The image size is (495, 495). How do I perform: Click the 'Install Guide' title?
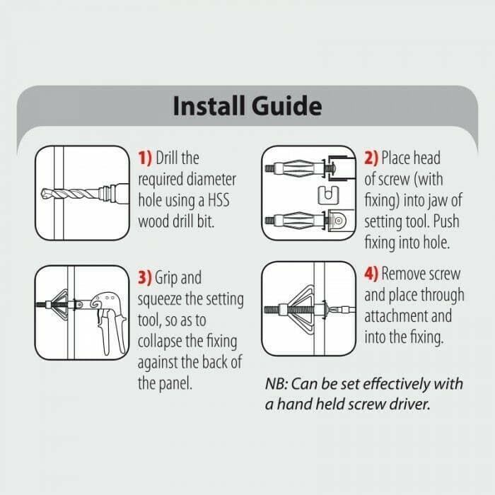(x=248, y=106)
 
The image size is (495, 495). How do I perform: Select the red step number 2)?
(x=371, y=158)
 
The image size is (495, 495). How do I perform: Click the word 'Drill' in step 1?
(x=170, y=158)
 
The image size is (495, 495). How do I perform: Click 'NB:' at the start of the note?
(x=277, y=384)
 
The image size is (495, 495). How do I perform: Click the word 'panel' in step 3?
(x=180, y=385)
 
